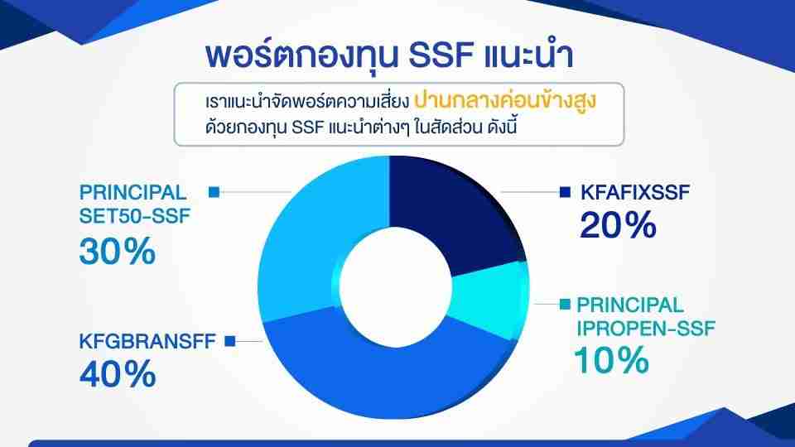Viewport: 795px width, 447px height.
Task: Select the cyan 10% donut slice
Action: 489,299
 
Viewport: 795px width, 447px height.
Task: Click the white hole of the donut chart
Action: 395,286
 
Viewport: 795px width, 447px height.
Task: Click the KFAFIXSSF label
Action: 635,193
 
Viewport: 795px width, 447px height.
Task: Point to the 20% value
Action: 618,225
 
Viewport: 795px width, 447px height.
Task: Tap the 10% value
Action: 611,360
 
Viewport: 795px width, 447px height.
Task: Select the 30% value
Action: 117,252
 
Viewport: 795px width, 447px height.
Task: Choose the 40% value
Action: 117,374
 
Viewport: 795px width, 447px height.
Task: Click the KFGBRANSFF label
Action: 147,341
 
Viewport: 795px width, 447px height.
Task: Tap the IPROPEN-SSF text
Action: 645,329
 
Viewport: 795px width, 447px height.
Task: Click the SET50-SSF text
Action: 134,216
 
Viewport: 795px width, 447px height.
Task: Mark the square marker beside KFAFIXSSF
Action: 565,192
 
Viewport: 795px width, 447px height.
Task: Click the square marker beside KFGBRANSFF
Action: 230,341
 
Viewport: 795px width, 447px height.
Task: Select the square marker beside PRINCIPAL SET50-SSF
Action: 214,192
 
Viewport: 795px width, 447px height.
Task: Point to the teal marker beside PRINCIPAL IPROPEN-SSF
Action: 565,304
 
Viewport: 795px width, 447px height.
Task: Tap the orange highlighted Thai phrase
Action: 505,101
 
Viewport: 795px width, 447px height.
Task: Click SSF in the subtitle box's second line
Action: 308,127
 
